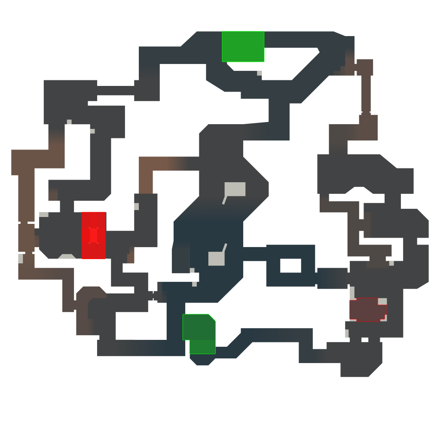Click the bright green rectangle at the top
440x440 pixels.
pyautogui.click(x=243, y=46)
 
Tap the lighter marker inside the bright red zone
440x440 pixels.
pyautogui.click(x=93, y=235)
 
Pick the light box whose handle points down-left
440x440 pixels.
pyautogui.click(x=235, y=189)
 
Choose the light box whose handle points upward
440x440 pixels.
pyautogui.click(x=216, y=259)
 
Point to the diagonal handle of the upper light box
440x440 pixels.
pyautogui.click(x=224, y=200)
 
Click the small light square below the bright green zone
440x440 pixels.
pyautogui.click(x=260, y=73)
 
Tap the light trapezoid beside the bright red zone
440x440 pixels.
pyautogui.click(x=67, y=257)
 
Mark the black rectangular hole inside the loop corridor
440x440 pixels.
pyautogui.click(x=290, y=266)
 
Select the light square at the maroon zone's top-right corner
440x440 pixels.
pyautogui.click(x=382, y=302)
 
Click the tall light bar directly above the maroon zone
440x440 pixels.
pyautogui.click(x=352, y=293)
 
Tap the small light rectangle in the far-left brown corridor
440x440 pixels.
pyautogui.click(x=21, y=259)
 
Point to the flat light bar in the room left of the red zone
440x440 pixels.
pyautogui.click(x=44, y=215)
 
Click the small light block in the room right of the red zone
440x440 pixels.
pyautogui.click(x=136, y=207)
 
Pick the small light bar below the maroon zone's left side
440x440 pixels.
pyautogui.click(x=347, y=333)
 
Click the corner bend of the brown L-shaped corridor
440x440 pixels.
pyautogui.click(x=146, y=164)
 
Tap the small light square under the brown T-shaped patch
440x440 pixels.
pyautogui.click(x=391, y=263)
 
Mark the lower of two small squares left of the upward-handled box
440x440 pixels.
pyautogui.click(x=194, y=284)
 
